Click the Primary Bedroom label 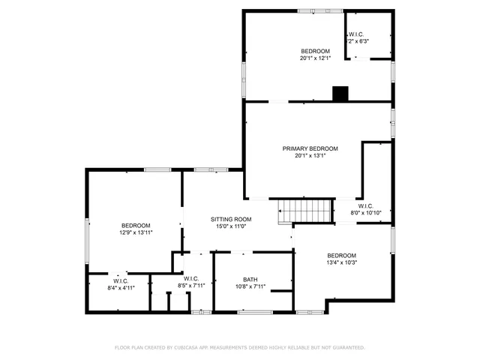coord(310,148)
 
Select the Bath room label coord(250,279)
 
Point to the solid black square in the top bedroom coord(341,94)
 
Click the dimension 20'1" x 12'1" coord(316,58)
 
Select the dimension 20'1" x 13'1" coord(310,156)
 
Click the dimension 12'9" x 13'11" coord(136,232)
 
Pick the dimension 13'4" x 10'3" coord(341,262)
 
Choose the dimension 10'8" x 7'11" coord(250,286)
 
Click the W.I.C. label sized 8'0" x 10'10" coord(366,205)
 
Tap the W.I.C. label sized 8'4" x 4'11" coord(121,280)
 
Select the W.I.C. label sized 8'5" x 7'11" coord(190,278)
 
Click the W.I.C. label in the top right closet coord(355,35)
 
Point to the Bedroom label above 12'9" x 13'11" coord(136,225)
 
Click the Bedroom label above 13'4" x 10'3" coord(341,255)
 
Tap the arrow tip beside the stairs coord(278,211)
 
